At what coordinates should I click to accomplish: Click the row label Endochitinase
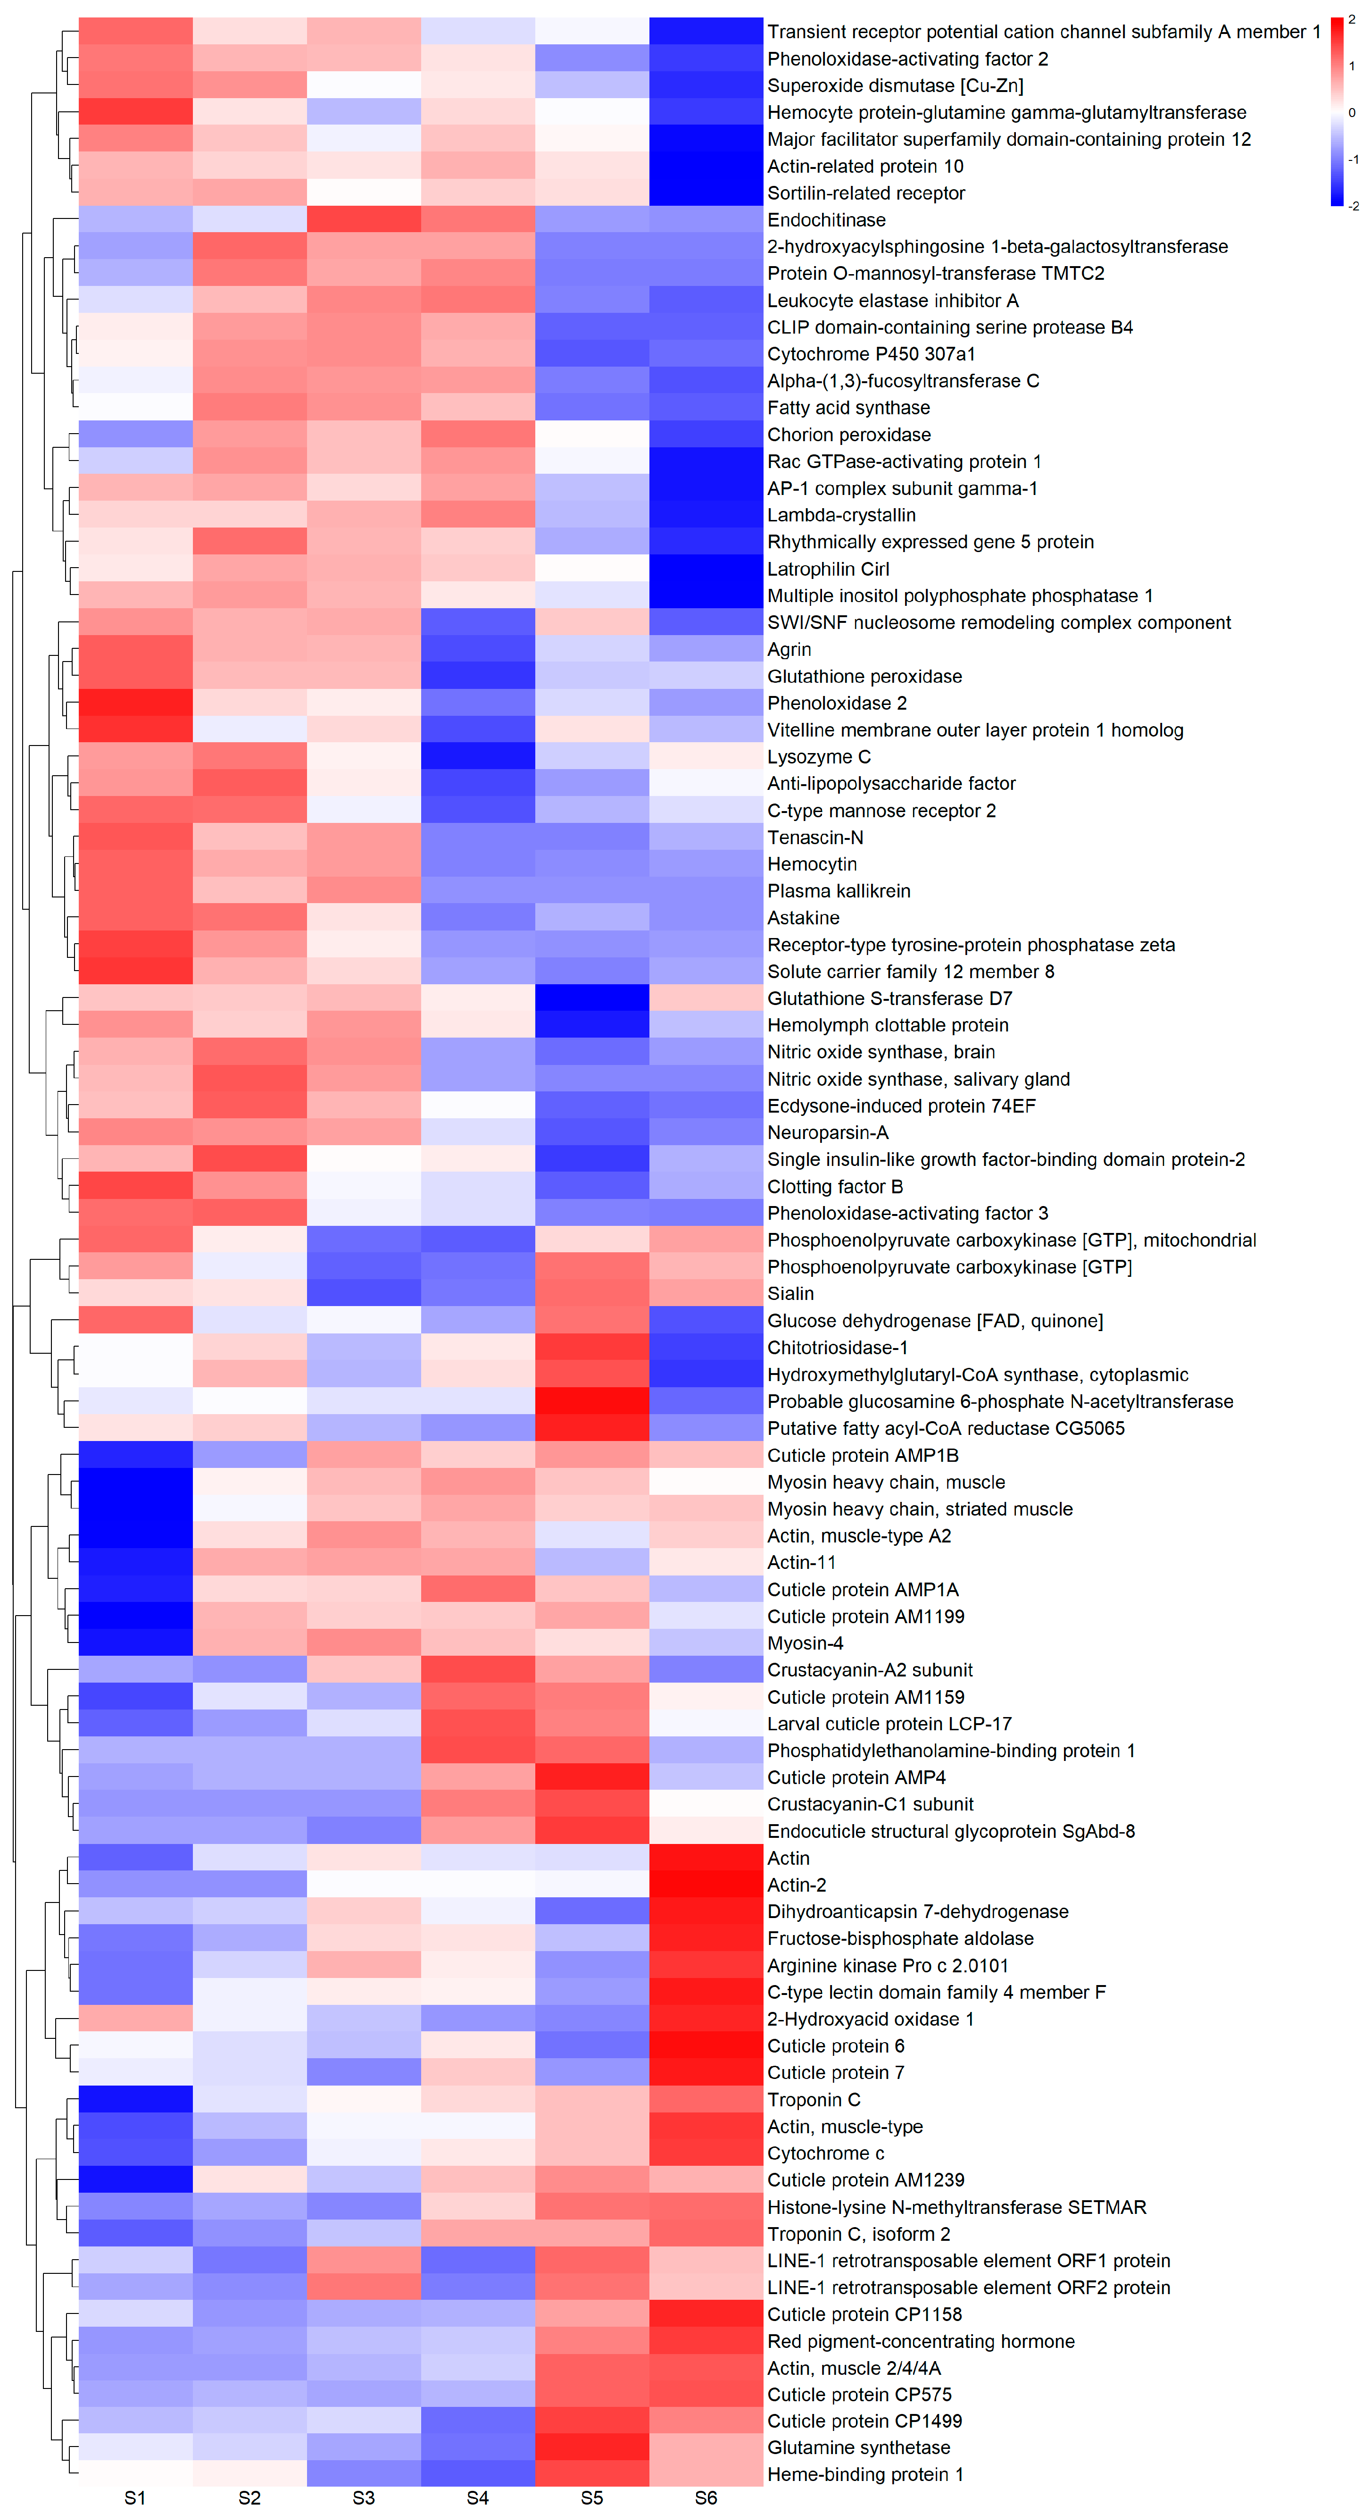(x=826, y=219)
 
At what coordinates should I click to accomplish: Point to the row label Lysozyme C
(x=819, y=756)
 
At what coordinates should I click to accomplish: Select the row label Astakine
(x=803, y=917)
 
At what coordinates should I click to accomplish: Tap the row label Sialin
(x=790, y=1293)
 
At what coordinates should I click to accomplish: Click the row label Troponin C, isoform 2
(x=859, y=2234)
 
